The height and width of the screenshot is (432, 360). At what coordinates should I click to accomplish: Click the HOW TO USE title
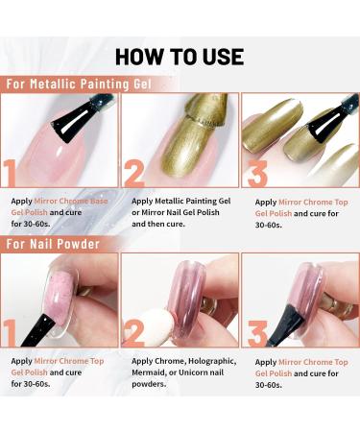(180, 55)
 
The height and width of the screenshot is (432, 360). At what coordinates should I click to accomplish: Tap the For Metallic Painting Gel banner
(85, 84)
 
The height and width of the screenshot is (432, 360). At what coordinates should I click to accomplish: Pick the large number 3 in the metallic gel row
(256, 173)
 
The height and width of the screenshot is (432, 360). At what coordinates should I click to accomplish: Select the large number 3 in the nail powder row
(256, 332)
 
